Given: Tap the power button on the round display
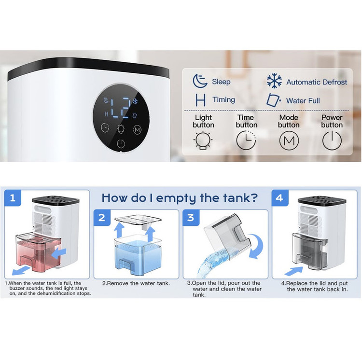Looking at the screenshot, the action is click(x=121, y=144).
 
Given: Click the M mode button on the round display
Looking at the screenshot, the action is click(x=137, y=129).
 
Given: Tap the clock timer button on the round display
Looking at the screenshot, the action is click(x=105, y=127).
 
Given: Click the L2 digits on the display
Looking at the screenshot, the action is click(x=120, y=107).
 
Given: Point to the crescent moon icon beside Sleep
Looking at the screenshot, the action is click(x=200, y=81).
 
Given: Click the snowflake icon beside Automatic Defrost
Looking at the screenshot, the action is click(x=274, y=81).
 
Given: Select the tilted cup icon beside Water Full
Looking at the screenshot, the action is click(x=274, y=100).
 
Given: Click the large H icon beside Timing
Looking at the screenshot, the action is click(x=200, y=100).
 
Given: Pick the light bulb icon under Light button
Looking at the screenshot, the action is click(x=203, y=140).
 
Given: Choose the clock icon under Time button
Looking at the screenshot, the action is click(x=246, y=140).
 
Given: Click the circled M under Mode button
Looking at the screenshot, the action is click(x=289, y=140).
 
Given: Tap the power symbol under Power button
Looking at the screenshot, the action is click(x=332, y=140).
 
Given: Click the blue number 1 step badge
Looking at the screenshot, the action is click(x=13, y=198).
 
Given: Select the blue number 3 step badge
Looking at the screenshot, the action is click(x=191, y=218).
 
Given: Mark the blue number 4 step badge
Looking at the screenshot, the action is click(x=279, y=198).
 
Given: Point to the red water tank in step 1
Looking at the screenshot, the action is click(x=38, y=251).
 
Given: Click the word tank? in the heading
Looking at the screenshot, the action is click(x=240, y=198).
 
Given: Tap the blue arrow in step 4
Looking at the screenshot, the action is click(x=293, y=271).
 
